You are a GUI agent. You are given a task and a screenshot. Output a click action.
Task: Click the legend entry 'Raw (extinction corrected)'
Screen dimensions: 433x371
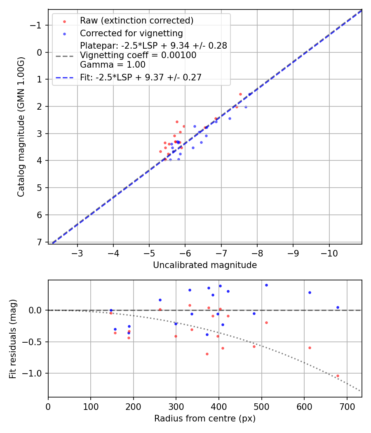(x=136, y=21)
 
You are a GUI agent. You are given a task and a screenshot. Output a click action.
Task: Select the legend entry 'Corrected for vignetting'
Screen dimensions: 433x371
(x=131, y=33)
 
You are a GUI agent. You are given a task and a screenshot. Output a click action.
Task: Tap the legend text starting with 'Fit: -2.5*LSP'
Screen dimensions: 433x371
(x=141, y=78)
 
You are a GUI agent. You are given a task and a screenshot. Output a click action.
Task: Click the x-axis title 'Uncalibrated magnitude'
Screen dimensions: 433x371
(x=205, y=265)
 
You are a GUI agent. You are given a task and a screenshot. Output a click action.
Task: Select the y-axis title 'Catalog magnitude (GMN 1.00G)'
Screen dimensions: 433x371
(x=21, y=127)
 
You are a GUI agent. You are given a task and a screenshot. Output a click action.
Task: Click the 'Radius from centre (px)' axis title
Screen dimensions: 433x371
(x=205, y=419)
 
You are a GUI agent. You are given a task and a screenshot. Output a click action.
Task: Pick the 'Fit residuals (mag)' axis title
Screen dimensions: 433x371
(x=13, y=339)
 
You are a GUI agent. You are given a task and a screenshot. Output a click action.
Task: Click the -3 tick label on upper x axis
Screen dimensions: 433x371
(x=77, y=252)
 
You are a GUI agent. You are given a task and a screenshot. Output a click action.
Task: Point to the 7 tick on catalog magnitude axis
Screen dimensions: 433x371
(x=40, y=242)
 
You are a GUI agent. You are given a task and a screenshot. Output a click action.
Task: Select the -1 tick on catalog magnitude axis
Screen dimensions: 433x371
(x=37, y=25)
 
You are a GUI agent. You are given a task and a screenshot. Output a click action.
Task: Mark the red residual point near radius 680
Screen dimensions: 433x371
(x=338, y=376)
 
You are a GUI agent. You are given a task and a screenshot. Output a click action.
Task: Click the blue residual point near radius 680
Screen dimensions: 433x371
(x=338, y=307)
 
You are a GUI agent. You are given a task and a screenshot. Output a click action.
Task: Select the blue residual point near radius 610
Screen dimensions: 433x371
(x=310, y=292)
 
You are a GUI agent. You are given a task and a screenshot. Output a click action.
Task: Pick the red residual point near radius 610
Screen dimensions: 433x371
(x=310, y=348)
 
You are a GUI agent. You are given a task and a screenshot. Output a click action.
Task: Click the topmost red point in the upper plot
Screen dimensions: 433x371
(x=240, y=94)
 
